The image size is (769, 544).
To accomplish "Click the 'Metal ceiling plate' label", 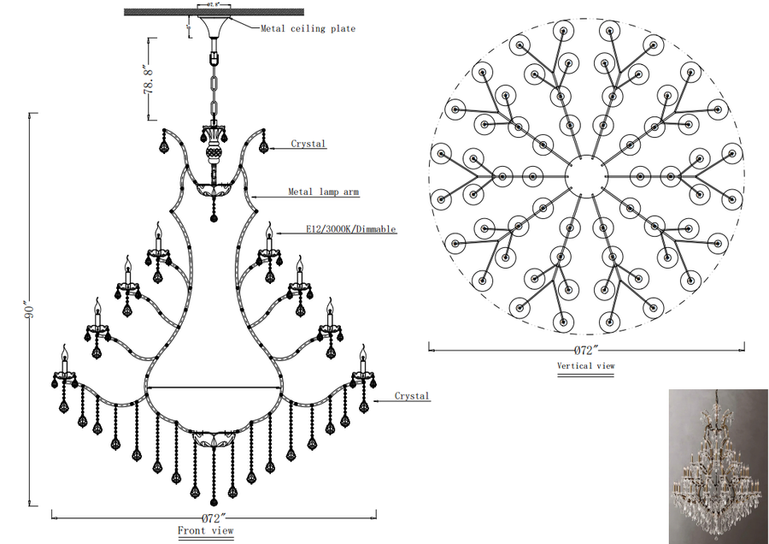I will tap(308, 28).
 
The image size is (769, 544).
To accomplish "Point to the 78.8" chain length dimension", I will tap(149, 79).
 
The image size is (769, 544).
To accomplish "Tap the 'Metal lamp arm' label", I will tap(323, 192).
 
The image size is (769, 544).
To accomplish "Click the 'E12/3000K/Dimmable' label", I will tap(350, 229).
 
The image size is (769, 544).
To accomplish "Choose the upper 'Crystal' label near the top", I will tap(308, 144).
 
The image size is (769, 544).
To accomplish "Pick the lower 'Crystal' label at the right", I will tap(412, 396).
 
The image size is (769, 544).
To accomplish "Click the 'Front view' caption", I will tap(205, 530).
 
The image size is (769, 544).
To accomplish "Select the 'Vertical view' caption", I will tap(585, 366).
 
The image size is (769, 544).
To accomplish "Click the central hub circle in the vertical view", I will tap(586, 178).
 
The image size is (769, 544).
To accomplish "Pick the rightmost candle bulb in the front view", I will tap(362, 355).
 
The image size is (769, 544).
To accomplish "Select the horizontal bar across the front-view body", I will tap(214, 387).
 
